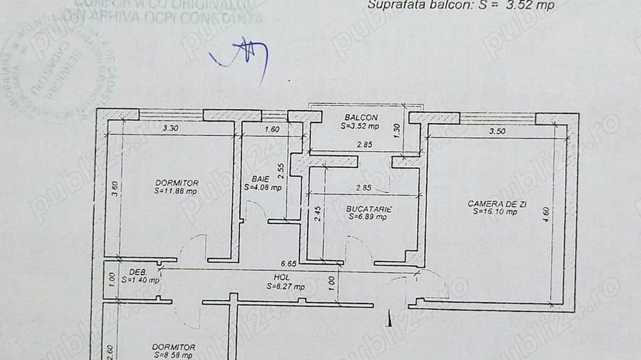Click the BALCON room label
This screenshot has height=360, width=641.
point(362,117)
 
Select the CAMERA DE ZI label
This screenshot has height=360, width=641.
point(492,204)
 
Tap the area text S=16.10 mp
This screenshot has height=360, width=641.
point(493,212)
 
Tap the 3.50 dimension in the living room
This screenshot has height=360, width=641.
point(497,131)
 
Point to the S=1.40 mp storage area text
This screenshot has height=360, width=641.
point(141,279)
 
